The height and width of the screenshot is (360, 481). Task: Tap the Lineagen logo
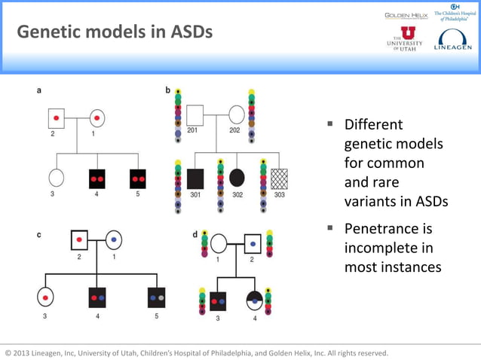(x=452, y=40)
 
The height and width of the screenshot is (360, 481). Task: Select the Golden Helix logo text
(x=406, y=15)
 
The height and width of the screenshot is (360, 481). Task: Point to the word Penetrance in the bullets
(x=388, y=227)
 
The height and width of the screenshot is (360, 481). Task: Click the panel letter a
(x=39, y=90)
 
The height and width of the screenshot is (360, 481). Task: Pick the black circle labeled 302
(x=237, y=178)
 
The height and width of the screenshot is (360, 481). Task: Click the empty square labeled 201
(x=195, y=115)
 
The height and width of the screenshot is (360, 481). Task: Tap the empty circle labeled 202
(x=236, y=115)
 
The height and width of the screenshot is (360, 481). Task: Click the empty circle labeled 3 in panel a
(x=56, y=178)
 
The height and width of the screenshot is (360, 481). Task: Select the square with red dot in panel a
(x=57, y=117)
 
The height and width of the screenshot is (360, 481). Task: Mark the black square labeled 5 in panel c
(x=157, y=297)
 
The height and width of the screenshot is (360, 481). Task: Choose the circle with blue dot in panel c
(x=114, y=239)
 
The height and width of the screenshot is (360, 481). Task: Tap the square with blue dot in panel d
(x=253, y=244)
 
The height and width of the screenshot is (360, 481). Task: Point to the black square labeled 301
(x=195, y=178)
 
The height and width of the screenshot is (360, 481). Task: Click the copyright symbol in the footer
(x=8, y=352)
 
